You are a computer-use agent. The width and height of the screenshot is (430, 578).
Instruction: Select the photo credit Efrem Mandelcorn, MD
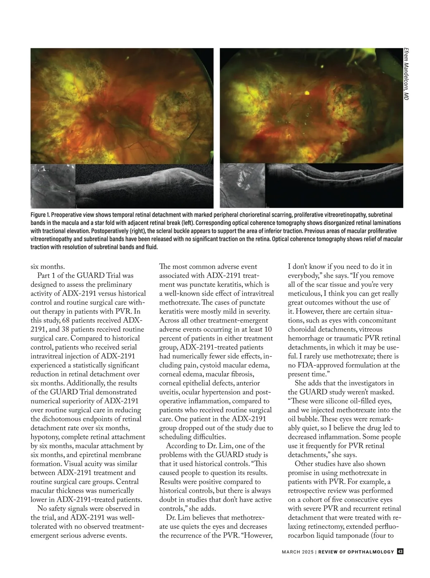(406, 74)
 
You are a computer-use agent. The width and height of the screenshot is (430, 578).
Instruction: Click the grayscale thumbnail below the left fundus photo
(53, 186)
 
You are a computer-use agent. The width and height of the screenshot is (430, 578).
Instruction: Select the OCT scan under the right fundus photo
(335, 186)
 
